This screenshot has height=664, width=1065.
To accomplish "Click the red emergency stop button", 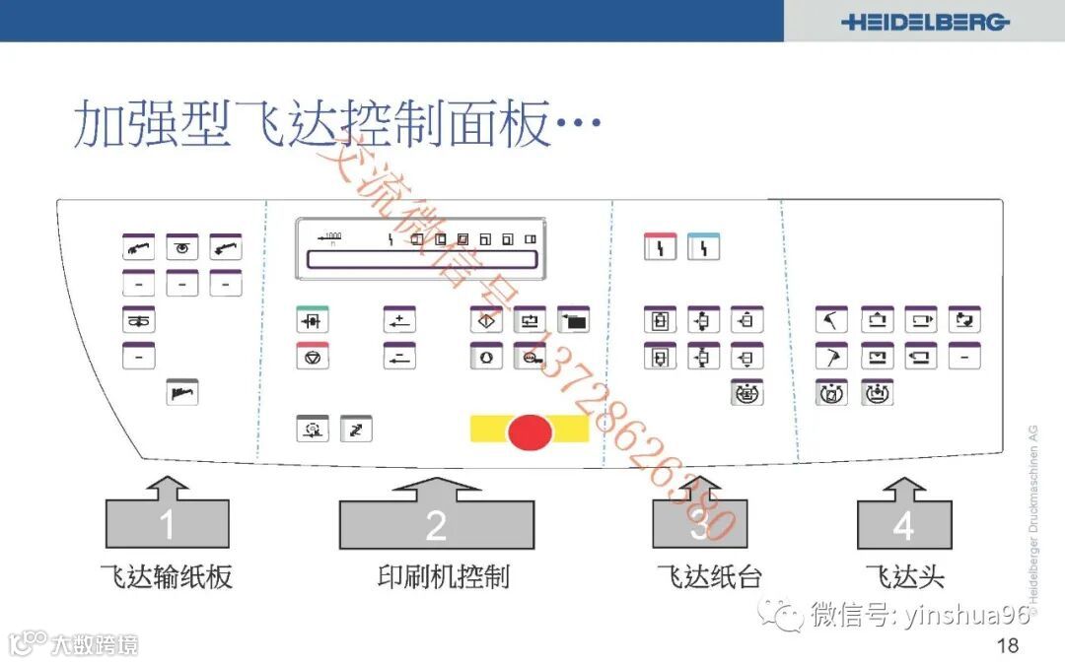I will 530,431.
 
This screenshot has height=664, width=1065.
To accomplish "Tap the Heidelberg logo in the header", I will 925,22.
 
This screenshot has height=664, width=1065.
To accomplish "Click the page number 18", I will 1007,646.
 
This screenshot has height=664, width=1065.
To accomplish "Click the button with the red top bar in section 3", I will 660,246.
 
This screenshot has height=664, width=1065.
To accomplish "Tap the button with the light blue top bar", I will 703,246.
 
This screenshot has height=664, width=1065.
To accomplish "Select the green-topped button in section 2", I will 313,320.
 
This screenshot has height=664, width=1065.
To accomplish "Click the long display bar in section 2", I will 422,259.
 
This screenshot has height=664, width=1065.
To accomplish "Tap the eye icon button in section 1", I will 181,247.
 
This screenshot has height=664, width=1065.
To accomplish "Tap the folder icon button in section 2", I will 573,320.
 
